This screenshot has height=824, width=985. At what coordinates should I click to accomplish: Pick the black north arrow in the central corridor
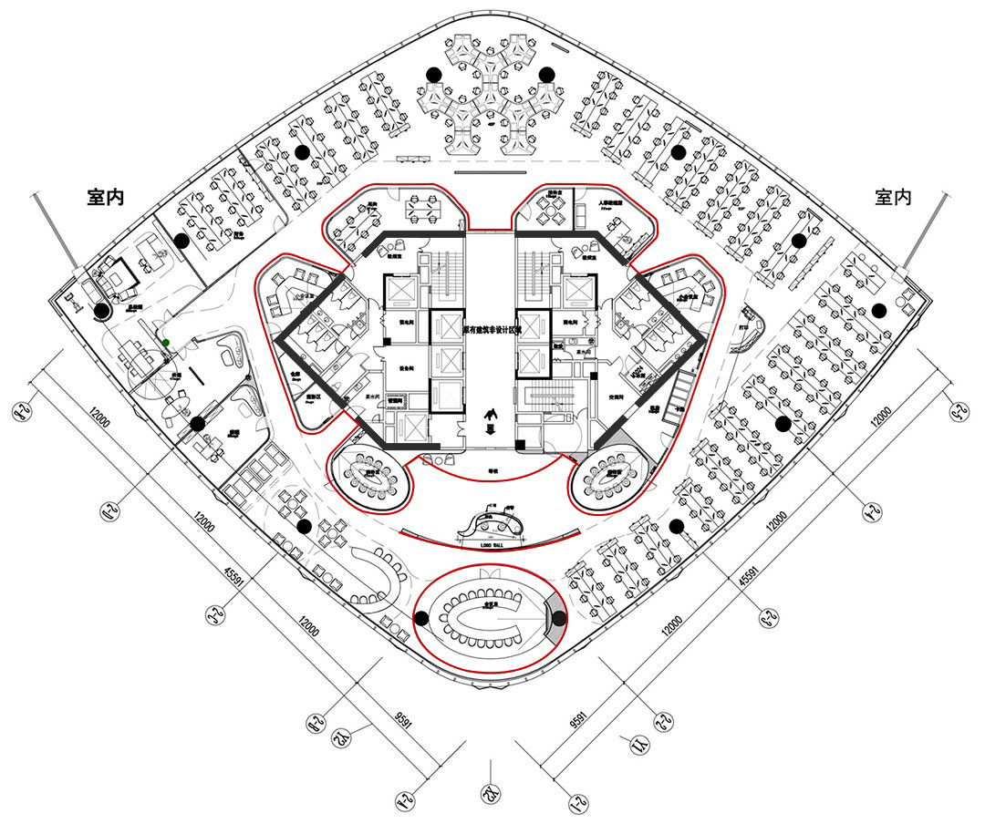click(x=492, y=417)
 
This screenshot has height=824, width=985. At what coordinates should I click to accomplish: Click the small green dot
click(x=165, y=343)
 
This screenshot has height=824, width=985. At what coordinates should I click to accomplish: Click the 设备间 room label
click(x=406, y=369)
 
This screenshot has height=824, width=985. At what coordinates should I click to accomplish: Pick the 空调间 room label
click(x=617, y=398)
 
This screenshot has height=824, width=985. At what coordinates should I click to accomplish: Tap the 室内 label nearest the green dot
click(x=105, y=198)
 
